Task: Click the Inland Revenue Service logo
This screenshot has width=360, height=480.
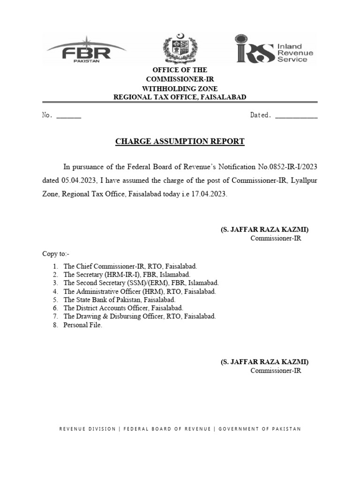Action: point(274,48)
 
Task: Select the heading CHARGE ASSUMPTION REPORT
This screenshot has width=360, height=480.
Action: point(180,141)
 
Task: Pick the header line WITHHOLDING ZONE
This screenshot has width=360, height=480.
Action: point(180,88)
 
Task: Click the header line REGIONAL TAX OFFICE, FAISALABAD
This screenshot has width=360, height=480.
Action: point(180,97)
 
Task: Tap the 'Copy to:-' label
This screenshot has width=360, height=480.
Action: point(56,254)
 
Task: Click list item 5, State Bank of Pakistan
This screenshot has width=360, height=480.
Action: point(119,300)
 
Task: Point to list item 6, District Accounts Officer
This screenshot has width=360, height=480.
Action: point(123,308)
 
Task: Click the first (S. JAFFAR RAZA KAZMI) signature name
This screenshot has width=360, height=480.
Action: point(265,230)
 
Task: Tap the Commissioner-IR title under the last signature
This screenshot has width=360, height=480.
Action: point(276,371)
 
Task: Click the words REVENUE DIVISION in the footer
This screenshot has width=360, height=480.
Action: point(87,428)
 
